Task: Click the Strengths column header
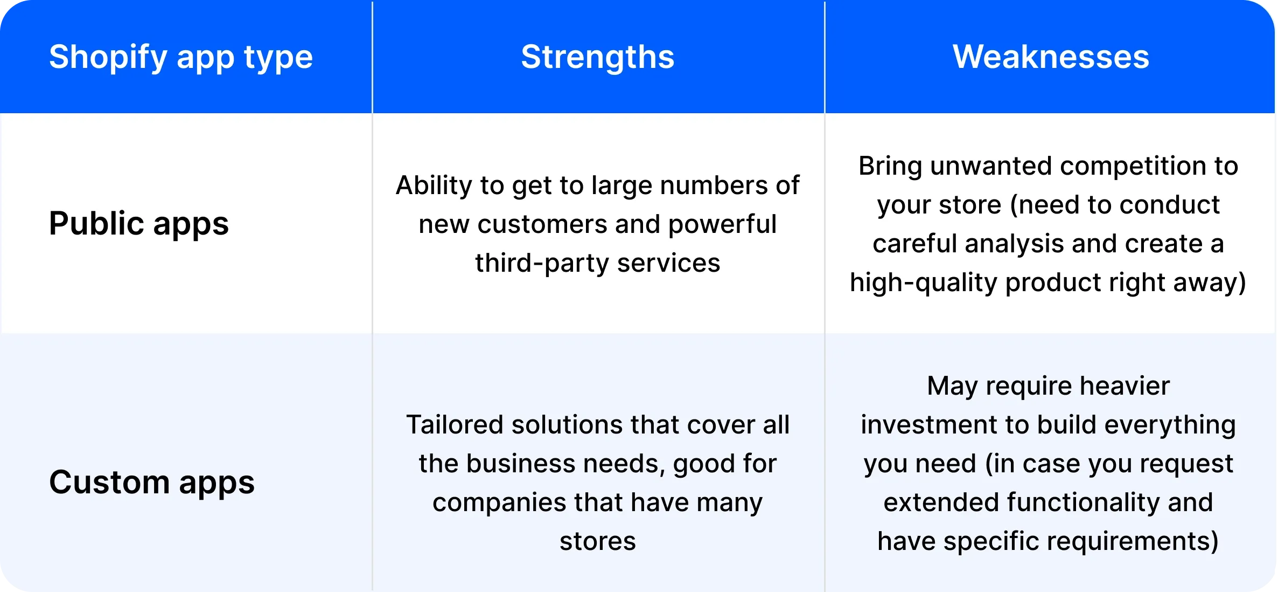coord(597,57)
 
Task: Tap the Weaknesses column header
coord(1050,57)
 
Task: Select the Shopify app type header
coord(180,57)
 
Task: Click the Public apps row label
coord(138,223)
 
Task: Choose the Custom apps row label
coord(151,482)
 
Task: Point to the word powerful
coord(722,224)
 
